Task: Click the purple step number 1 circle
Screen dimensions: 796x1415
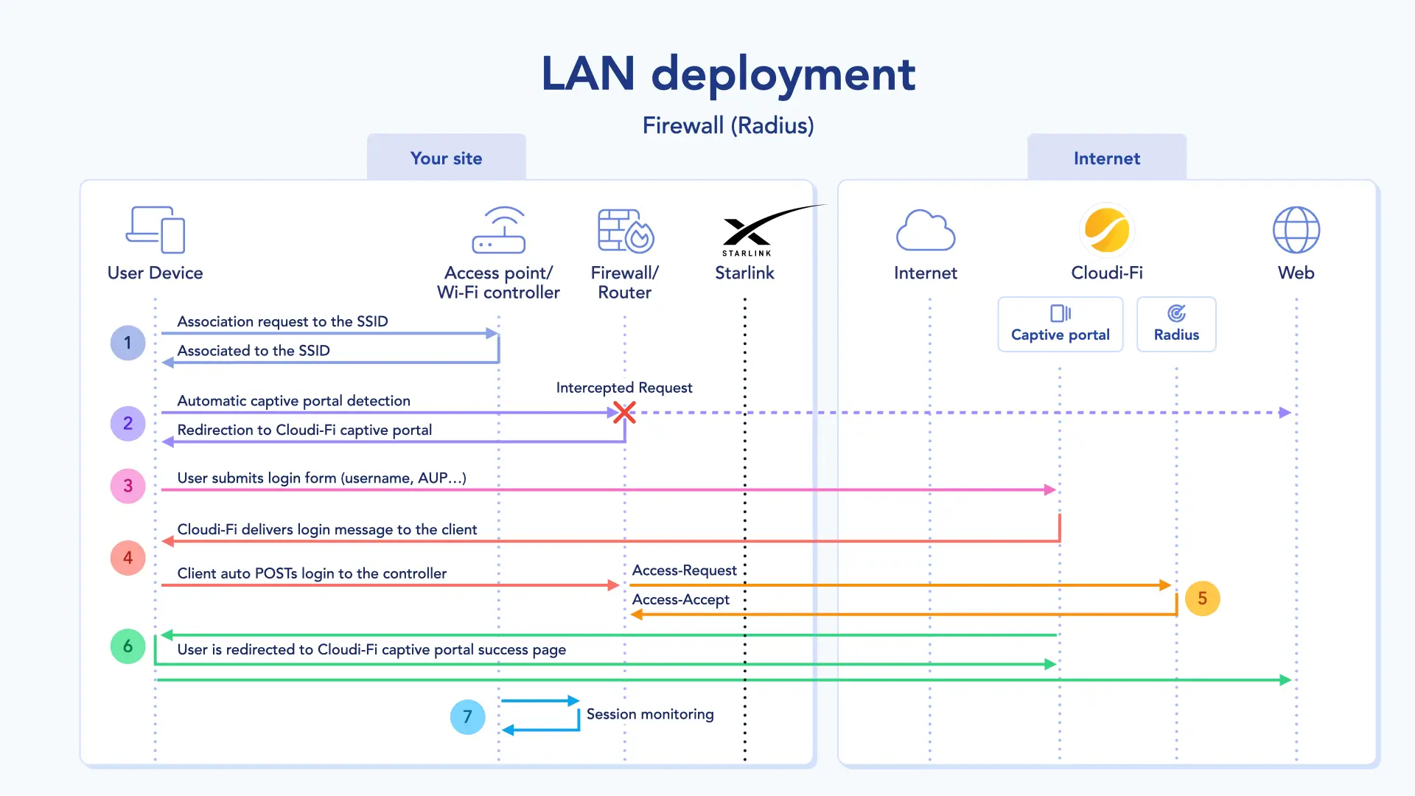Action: (127, 343)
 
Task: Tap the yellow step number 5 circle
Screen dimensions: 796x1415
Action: (1202, 598)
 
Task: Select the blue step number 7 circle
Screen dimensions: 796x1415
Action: (467, 716)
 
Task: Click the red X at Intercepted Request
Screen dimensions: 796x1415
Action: (624, 412)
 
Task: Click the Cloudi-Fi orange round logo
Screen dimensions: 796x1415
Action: (1106, 230)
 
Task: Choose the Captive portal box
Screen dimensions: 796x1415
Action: (1060, 324)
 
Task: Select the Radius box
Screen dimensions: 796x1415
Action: (1176, 324)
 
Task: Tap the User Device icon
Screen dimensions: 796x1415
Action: (156, 230)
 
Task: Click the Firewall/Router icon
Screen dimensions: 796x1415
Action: (625, 230)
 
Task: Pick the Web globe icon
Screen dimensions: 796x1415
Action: (1296, 230)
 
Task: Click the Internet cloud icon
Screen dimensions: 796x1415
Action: (926, 230)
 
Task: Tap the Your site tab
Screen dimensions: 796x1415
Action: (446, 158)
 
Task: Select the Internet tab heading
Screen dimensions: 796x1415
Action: (1106, 158)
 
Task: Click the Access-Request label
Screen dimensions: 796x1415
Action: (684, 570)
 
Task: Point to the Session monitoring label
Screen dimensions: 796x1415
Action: (650, 714)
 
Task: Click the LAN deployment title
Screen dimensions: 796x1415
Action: (728, 74)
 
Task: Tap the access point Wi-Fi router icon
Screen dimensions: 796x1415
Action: (499, 230)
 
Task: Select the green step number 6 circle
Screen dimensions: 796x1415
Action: (127, 646)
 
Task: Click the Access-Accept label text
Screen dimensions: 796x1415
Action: (680, 600)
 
